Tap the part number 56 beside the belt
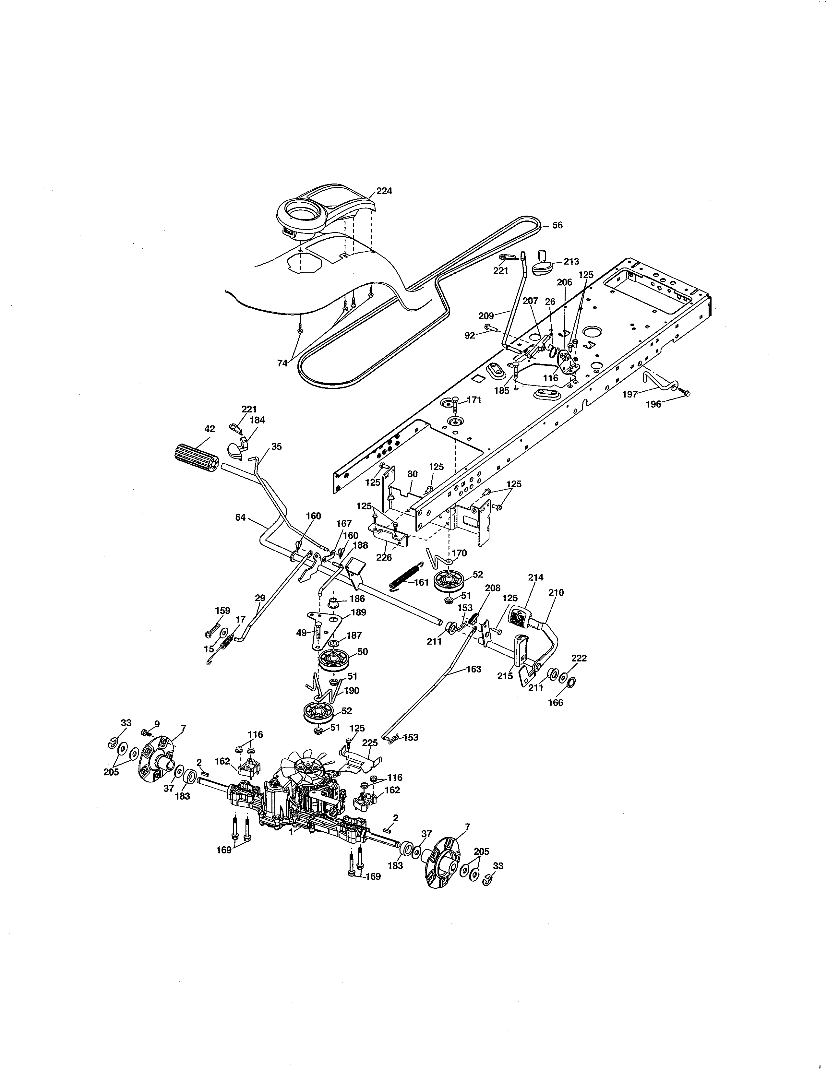(557, 225)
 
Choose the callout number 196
(653, 404)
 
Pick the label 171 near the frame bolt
(474, 400)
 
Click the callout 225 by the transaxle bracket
(370, 743)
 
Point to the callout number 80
(413, 474)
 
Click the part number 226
(384, 558)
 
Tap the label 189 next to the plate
(359, 612)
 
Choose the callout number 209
(486, 316)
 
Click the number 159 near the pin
(223, 611)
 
